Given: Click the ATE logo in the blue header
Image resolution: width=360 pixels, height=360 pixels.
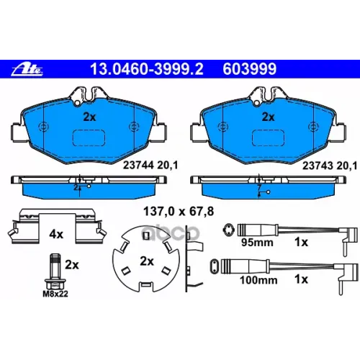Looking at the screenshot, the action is click(x=27, y=69).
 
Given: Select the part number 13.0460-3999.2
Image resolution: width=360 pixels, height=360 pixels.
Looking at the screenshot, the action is click(x=147, y=69).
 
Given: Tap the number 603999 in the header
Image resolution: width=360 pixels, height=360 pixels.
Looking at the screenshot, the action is click(x=250, y=69).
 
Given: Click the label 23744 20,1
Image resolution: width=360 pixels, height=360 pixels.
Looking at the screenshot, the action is click(x=150, y=165).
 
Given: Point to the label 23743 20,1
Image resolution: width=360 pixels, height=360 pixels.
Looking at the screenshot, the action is click(x=330, y=166).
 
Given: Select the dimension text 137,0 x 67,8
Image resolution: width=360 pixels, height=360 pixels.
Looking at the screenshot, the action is click(x=179, y=212).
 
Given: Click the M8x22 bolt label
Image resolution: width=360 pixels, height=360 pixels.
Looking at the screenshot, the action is click(x=55, y=294).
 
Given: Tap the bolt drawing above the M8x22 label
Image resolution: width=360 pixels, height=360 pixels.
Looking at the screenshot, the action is click(x=55, y=271).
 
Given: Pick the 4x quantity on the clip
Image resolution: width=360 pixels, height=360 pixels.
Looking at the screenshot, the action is click(x=56, y=234).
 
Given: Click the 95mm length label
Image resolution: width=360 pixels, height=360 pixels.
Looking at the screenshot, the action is click(x=257, y=243).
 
